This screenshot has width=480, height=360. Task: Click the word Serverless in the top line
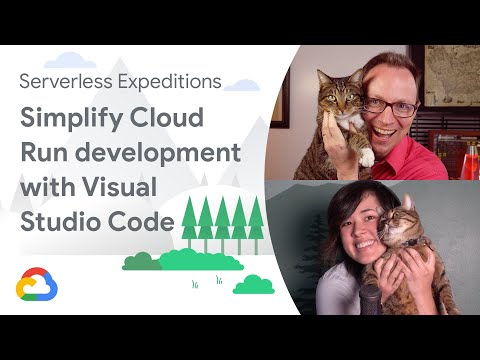click(x=63, y=80)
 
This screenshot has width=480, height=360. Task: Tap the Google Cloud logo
click(x=37, y=287)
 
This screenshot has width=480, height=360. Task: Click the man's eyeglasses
click(x=383, y=104)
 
